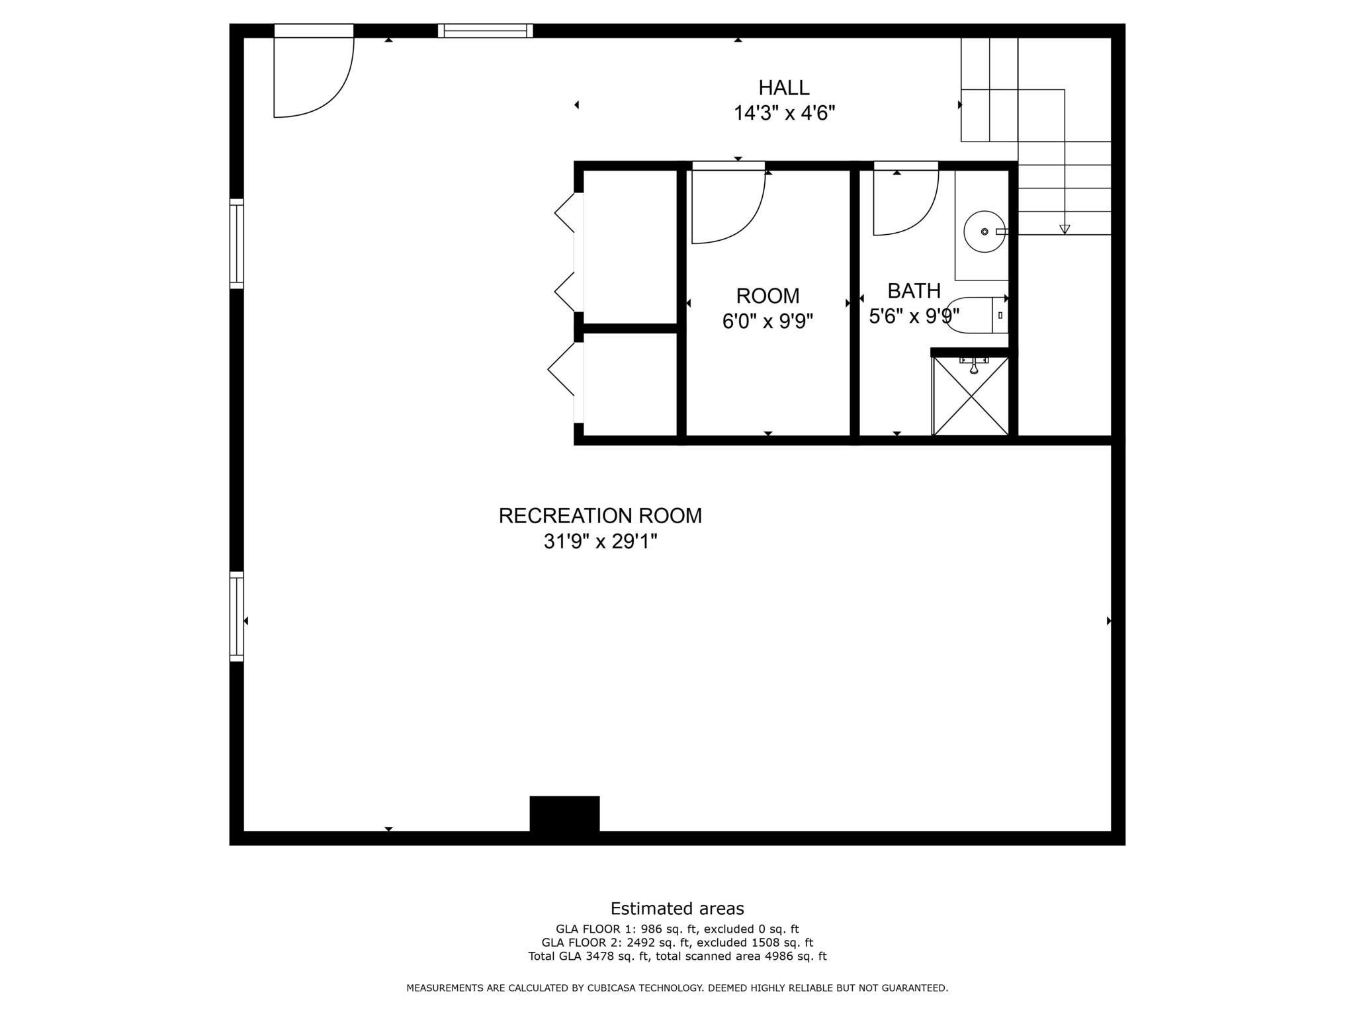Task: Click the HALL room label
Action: [x=783, y=87]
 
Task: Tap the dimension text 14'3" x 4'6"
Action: [x=784, y=114]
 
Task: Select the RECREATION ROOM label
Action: [x=600, y=516]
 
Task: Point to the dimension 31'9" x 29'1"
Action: [x=600, y=542]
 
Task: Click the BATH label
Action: [x=914, y=291]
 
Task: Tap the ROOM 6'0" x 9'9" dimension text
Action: [x=767, y=321]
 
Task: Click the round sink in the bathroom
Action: [x=984, y=232]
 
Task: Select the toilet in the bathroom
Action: [x=976, y=316]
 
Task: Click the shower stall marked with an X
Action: [x=970, y=396]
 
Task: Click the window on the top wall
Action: [x=485, y=30]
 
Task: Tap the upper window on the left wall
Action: [x=236, y=243]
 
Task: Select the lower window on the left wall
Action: [x=236, y=616]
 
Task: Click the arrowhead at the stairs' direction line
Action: [x=1065, y=230]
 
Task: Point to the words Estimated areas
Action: [x=677, y=908]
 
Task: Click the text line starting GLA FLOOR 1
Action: [x=677, y=929]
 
